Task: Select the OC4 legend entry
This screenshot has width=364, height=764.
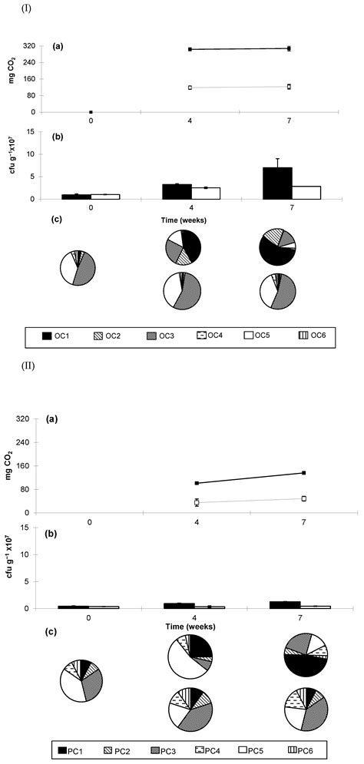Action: point(197,336)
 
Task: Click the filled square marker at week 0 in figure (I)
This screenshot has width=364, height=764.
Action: point(91,112)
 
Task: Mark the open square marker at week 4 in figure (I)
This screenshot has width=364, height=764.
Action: point(190,88)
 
